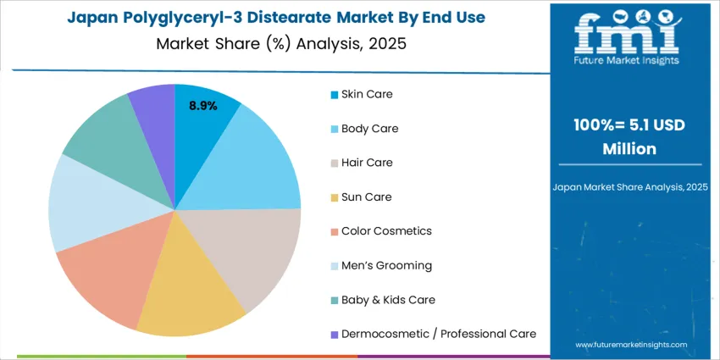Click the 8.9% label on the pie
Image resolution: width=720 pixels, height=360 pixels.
tap(202, 106)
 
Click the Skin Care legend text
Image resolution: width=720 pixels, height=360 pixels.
tap(367, 93)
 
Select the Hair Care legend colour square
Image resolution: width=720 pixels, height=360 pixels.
tap(335, 163)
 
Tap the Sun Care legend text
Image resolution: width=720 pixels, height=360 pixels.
tap(367, 197)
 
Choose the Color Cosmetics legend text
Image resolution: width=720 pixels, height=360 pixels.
tap(386, 230)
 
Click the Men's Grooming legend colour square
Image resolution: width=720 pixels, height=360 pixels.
tap(335, 266)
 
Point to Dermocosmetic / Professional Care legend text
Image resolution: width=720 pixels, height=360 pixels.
tap(439, 334)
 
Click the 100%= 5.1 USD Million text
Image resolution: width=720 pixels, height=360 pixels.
tap(629, 136)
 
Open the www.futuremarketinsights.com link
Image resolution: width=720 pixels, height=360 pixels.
tap(629, 345)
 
